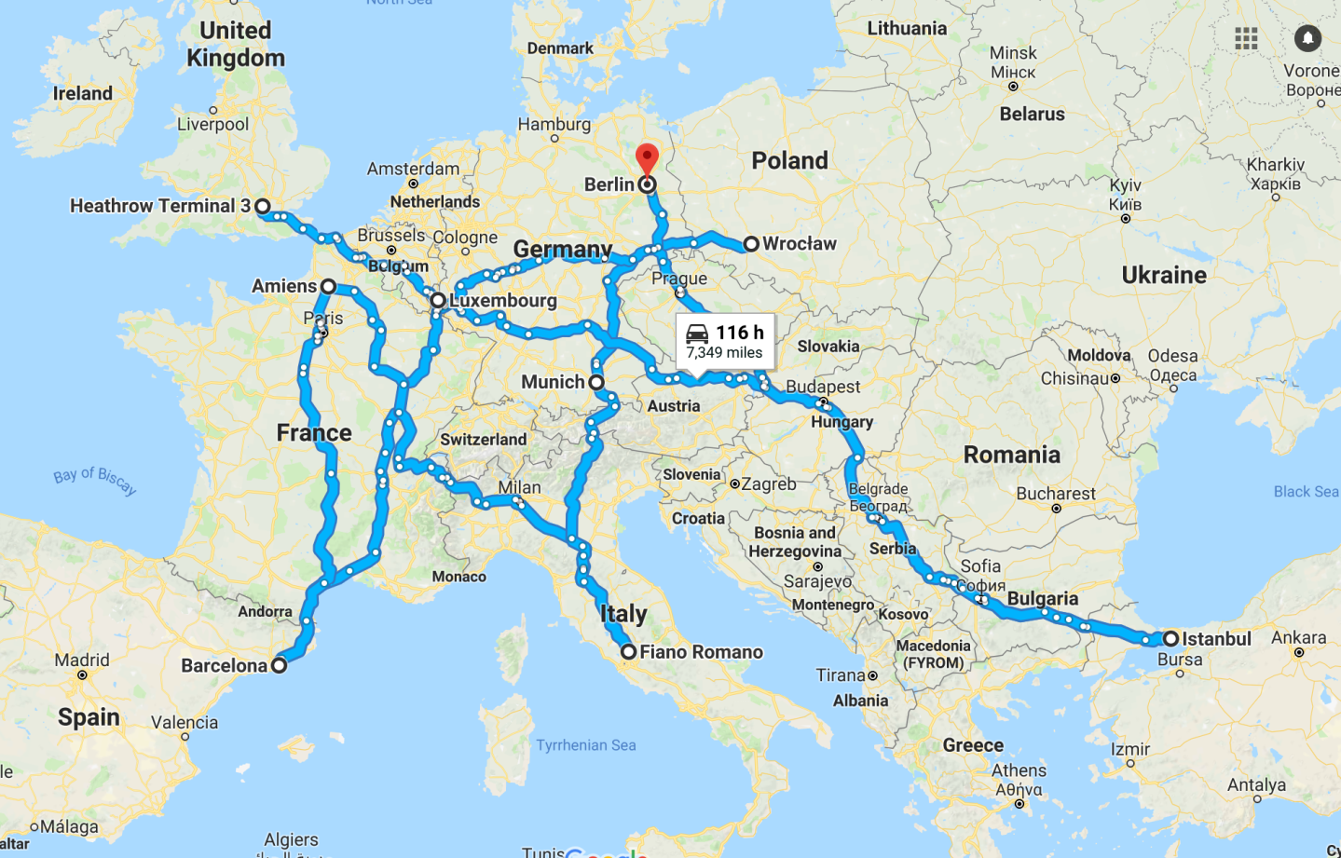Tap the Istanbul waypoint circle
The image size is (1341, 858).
click(x=1170, y=639)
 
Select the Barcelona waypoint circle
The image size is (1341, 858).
click(x=279, y=665)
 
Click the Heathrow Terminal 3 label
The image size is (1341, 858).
click(x=159, y=206)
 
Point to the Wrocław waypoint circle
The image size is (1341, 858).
click(x=750, y=244)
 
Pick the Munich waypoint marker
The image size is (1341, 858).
click(x=596, y=382)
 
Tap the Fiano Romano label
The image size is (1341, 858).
click(x=701, y=652)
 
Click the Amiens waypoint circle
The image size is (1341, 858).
click(x=328, y=286)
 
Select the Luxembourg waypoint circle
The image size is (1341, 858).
click(x=437, y=301)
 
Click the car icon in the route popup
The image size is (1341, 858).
click(x=697, y=334)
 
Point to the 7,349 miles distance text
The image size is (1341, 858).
click(x=724, y=353)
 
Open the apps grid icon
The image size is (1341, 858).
click(x=1246, y=38)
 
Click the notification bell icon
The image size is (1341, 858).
click(x=1307, y=38)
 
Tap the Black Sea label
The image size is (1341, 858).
click(x=1306, y=491)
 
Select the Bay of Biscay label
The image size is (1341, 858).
click(x=95, y=480)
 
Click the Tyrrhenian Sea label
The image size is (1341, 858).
click(x=586, y=744)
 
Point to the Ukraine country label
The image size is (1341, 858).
click(x=1164, y=275)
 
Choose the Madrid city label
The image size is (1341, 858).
click(x=82, y=660)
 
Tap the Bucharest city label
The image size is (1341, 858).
click(x=1056, y=493)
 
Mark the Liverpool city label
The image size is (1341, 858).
click(x=212, y=124)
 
